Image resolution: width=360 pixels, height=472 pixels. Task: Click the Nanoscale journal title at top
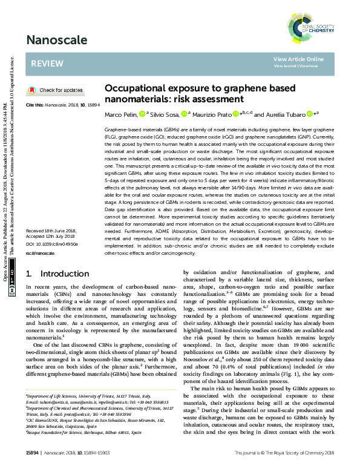point(51,41)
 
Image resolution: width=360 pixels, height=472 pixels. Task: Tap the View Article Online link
point(298,59)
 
